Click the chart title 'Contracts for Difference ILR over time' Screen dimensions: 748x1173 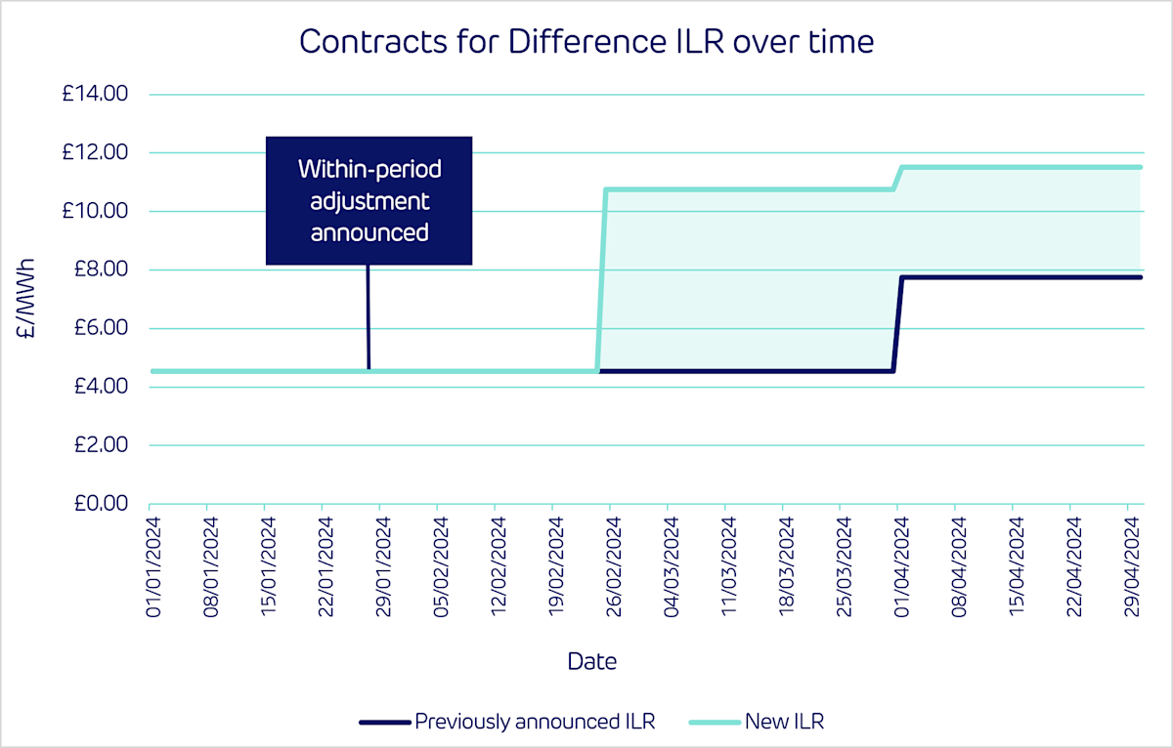(x=586, y=42)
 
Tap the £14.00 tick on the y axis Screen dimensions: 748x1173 (x=96, y=95)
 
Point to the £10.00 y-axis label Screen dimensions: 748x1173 (x=96, y=211)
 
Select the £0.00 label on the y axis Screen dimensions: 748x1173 (x=99, y=504)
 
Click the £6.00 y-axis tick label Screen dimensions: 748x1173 (x=99, y=328)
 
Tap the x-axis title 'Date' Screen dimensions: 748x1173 (x=591, y=661)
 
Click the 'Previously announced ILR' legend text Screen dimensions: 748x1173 (x=535, y=723)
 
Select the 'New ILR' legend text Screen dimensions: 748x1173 (x=784, y=723)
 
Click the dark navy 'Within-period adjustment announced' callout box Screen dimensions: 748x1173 (x=369, y=200)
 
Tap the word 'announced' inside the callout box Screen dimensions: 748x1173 (x=369, y=233)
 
